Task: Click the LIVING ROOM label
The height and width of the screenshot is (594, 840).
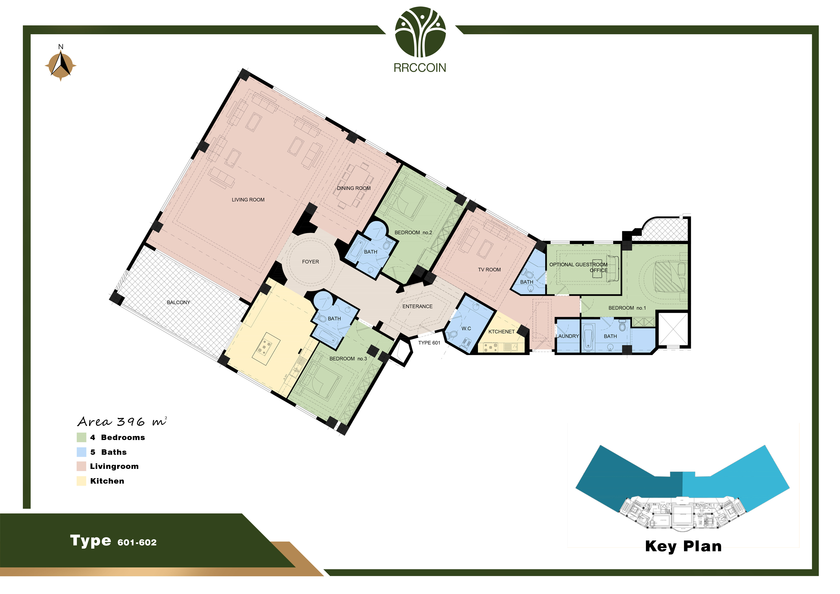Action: pyautogui.click(x=248, y=200)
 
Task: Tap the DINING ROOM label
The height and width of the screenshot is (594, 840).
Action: pyautogui.click(x=354, y=188)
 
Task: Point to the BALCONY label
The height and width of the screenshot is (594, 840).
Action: pyautogui.click(x=179, y=302)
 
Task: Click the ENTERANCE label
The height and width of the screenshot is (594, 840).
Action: pyautogui.click(x=417, y=306)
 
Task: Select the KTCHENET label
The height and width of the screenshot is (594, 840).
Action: pyautogui.click(x=502, y=332)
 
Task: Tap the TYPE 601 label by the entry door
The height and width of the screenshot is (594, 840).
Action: pyautogui.click(x=429, y=343)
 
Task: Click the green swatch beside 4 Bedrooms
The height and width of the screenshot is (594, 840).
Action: pyautogui.click(x=81, y=437)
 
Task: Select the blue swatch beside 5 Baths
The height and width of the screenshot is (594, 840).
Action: pyautogui.click(x=81, y=452)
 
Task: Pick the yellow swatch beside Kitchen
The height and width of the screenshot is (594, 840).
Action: pyautogui.click(x=81, y=481)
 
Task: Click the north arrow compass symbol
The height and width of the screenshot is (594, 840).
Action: pyautogui.click(x=61, y=65)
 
